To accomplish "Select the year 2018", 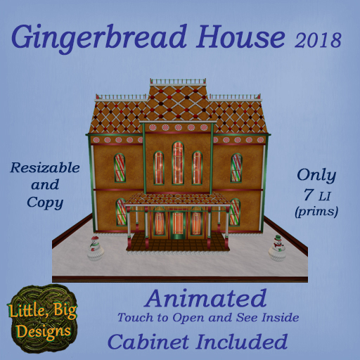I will (316, 39).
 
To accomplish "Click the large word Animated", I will (206, 298).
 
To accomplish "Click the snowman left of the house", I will (94, 247).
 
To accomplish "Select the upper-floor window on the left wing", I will (120, 167).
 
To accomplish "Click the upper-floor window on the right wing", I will (236, 167).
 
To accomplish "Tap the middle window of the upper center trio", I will (178, 164).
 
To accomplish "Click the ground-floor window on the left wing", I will (121, 212).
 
